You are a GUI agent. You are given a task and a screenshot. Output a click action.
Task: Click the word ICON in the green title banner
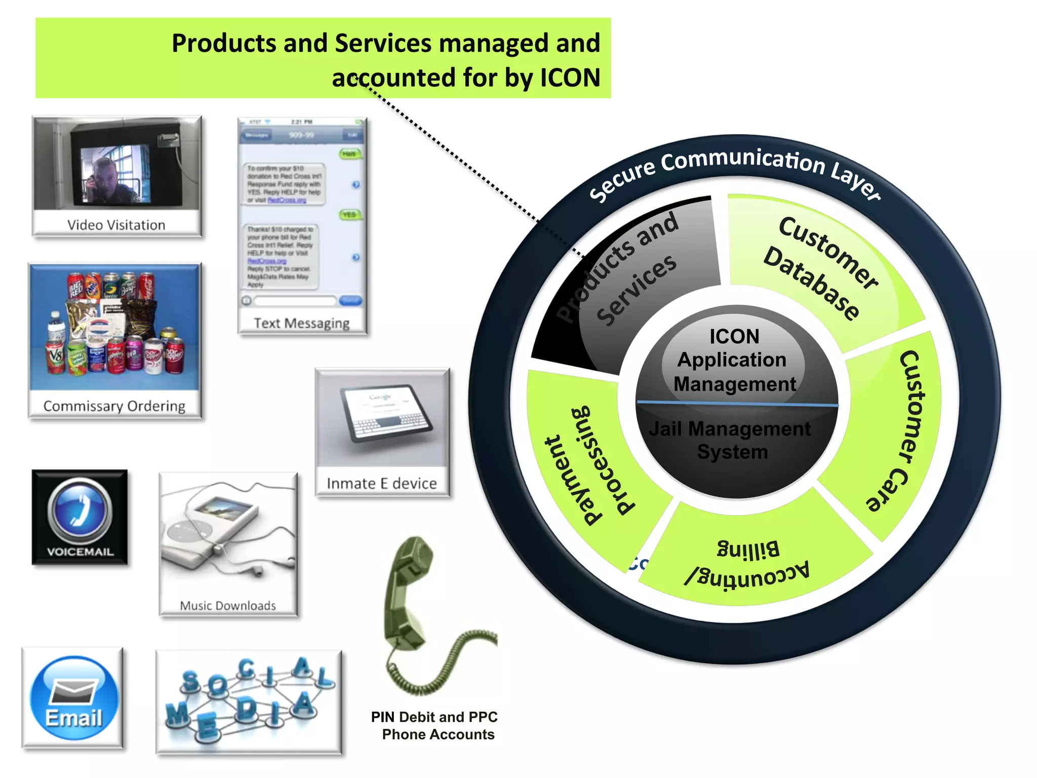click(x=570, y=78)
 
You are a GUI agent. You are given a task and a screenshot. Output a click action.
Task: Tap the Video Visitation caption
click(x=116, y=225)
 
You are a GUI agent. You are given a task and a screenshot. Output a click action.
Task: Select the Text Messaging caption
click(x=301, y=323)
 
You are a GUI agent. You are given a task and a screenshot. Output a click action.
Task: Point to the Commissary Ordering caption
click(x=114, y=406)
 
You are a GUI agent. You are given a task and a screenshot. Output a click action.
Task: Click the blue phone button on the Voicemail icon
click(x=79, y=510)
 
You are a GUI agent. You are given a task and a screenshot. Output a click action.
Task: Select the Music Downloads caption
click(x=228, y=606)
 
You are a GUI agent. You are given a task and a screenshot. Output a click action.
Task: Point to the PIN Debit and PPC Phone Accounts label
click(x=435, y=725)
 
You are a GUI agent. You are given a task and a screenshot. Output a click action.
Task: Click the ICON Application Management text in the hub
click(x=734, y=360)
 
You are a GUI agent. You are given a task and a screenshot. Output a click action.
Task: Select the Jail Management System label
click(x=730, y=440)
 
